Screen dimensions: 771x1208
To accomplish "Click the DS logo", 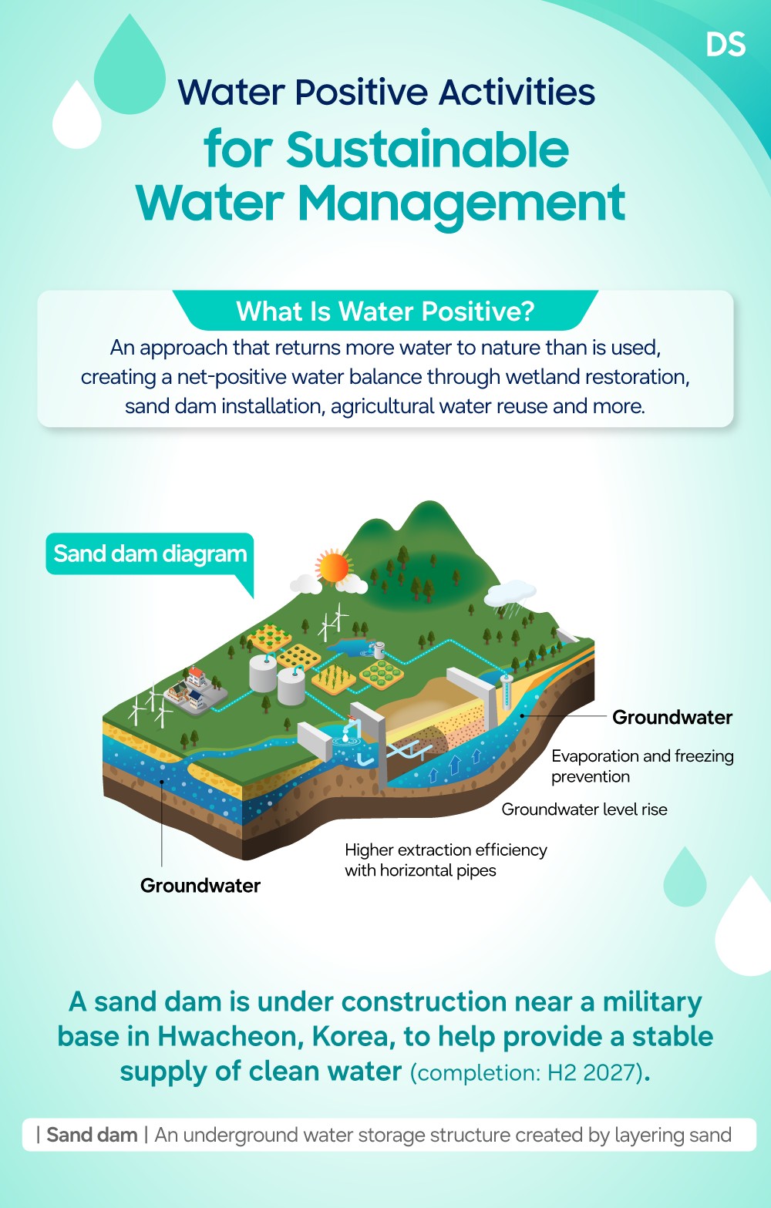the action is pos(726,44).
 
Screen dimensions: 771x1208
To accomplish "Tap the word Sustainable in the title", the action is pos(427,150).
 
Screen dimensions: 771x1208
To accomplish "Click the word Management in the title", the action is pos(462,204).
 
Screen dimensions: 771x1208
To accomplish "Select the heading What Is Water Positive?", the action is pos(385,311).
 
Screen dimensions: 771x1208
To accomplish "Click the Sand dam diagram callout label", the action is pos(150,554).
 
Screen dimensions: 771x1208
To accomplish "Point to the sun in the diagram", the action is pos(333,567).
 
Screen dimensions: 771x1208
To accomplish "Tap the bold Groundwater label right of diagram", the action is pos(672,717).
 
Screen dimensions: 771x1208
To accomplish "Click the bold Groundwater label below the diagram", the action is pos(200,886).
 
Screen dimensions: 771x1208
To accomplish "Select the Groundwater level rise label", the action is pos(584,809).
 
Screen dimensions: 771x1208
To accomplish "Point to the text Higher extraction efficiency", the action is pos(446,850).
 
